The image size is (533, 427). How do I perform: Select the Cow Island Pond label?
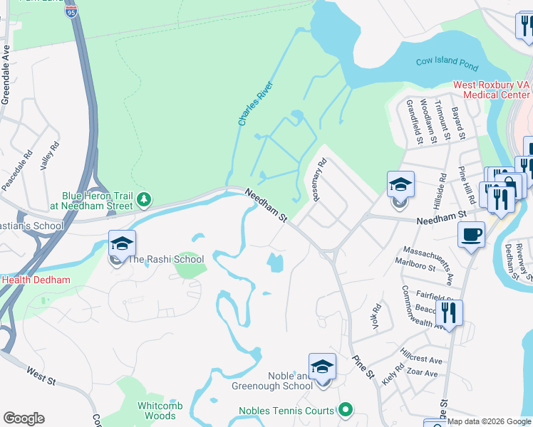(447, 64)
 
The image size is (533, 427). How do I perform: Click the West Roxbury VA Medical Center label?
(492, 89)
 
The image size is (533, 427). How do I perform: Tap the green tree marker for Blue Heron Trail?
(145, 199)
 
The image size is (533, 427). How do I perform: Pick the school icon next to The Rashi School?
(121, 245)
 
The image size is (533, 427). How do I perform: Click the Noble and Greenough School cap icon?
(322, 367)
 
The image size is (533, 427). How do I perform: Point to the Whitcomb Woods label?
(160, 411)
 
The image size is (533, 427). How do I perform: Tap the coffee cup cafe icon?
(472, 235)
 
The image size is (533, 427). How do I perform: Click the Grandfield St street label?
(410, 122)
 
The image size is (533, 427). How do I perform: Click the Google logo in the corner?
(24, 418)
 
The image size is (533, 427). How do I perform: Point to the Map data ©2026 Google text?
(489, 421)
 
